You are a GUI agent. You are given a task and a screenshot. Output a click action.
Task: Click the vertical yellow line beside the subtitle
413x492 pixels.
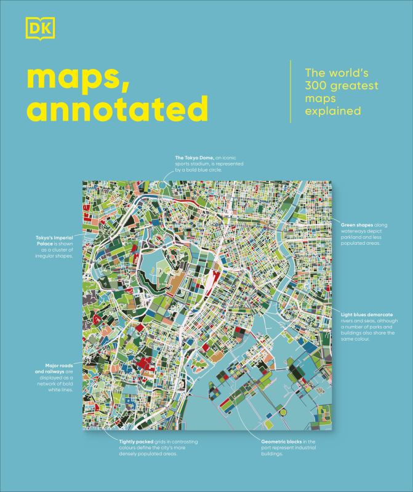(x=291, y=91)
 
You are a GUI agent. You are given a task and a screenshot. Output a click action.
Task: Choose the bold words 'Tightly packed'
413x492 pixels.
(x=135, y=442)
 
